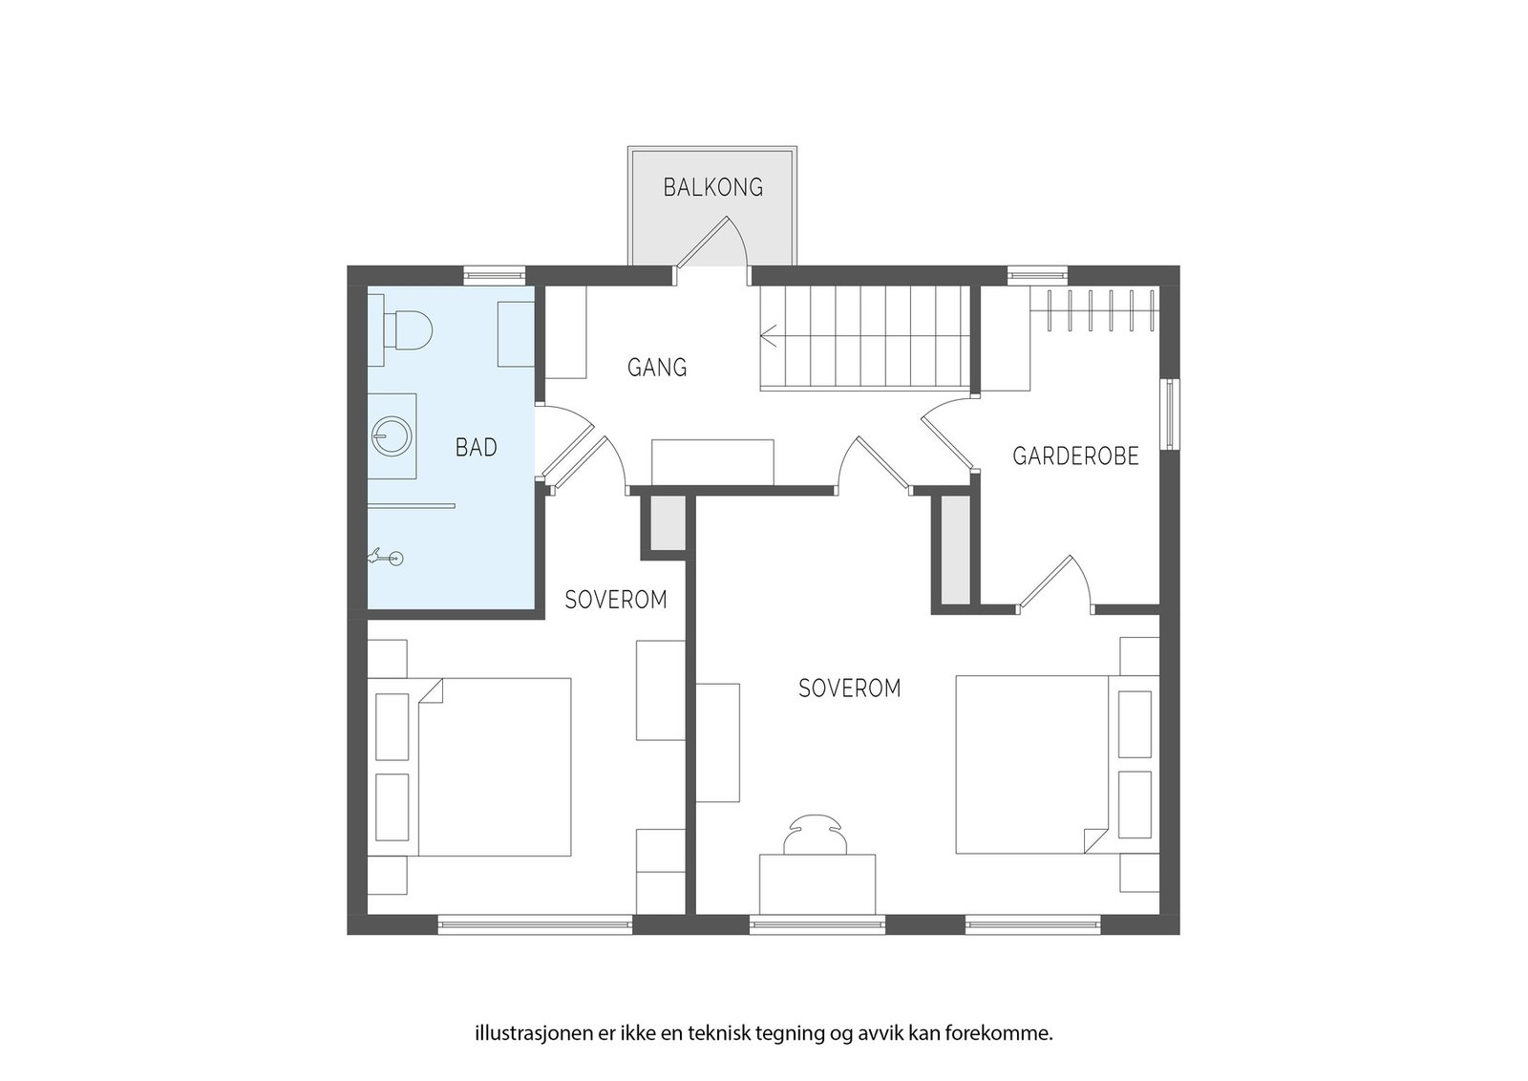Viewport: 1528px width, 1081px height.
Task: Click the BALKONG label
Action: tap(712, 187)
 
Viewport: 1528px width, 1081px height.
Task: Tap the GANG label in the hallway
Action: tap(657, 368)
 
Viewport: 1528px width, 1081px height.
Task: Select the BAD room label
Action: tap(477, 448)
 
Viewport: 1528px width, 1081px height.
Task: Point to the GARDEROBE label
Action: tap(1075, 456)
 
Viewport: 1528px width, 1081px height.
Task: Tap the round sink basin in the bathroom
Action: tap(392, 435)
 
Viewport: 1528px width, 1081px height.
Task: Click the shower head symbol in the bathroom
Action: tap(385, 558)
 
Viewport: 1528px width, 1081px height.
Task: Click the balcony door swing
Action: tap(712, 242)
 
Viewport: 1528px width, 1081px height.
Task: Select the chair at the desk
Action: tap(816, 834)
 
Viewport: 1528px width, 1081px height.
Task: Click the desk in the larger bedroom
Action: tap(817, 883)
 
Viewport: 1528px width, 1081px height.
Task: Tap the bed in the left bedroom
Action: tap(494, 767)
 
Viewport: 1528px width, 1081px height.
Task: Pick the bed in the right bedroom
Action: tap(1032, 765)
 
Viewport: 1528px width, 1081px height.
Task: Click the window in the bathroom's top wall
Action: tap(495, 276)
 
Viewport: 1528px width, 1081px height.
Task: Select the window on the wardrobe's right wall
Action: tap(1170, 414)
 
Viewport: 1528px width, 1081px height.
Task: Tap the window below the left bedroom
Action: tap(535, 924)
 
